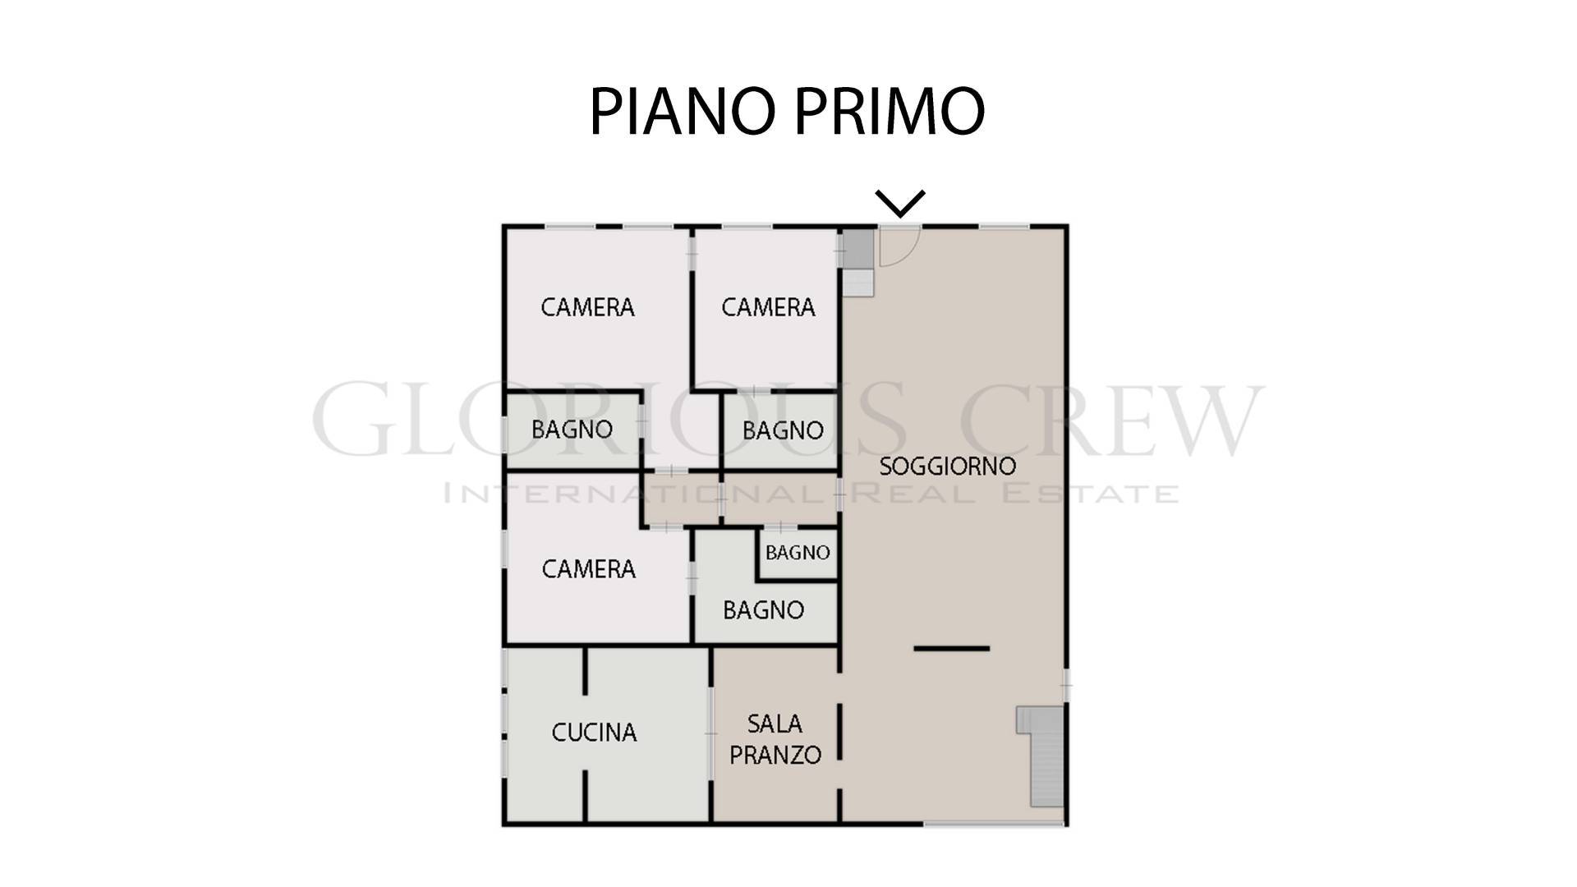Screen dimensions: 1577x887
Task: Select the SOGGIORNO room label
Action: (x=948, y=466)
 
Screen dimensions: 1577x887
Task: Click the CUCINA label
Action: (x=594, y=733)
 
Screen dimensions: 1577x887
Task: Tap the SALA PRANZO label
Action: (x=775, y=739)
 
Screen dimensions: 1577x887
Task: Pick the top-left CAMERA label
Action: (x=587, y=307)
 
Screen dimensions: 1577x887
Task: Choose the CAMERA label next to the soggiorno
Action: (x=768, y=307)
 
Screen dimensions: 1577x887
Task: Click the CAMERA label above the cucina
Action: (x=589, y=569)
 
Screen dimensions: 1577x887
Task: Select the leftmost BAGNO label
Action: (x=572, y=430)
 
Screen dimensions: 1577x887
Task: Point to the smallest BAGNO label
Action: (x=798, y=553)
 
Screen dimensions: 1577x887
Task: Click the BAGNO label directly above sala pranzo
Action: (x=763, y=610)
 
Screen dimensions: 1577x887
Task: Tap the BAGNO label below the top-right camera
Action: (x=783, y=430)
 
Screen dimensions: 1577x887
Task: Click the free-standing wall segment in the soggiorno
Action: (x=952, y=648)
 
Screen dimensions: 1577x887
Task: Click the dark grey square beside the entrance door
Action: (x=858, y=249)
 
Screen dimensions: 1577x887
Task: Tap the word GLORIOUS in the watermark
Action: (x=609, y=421)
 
